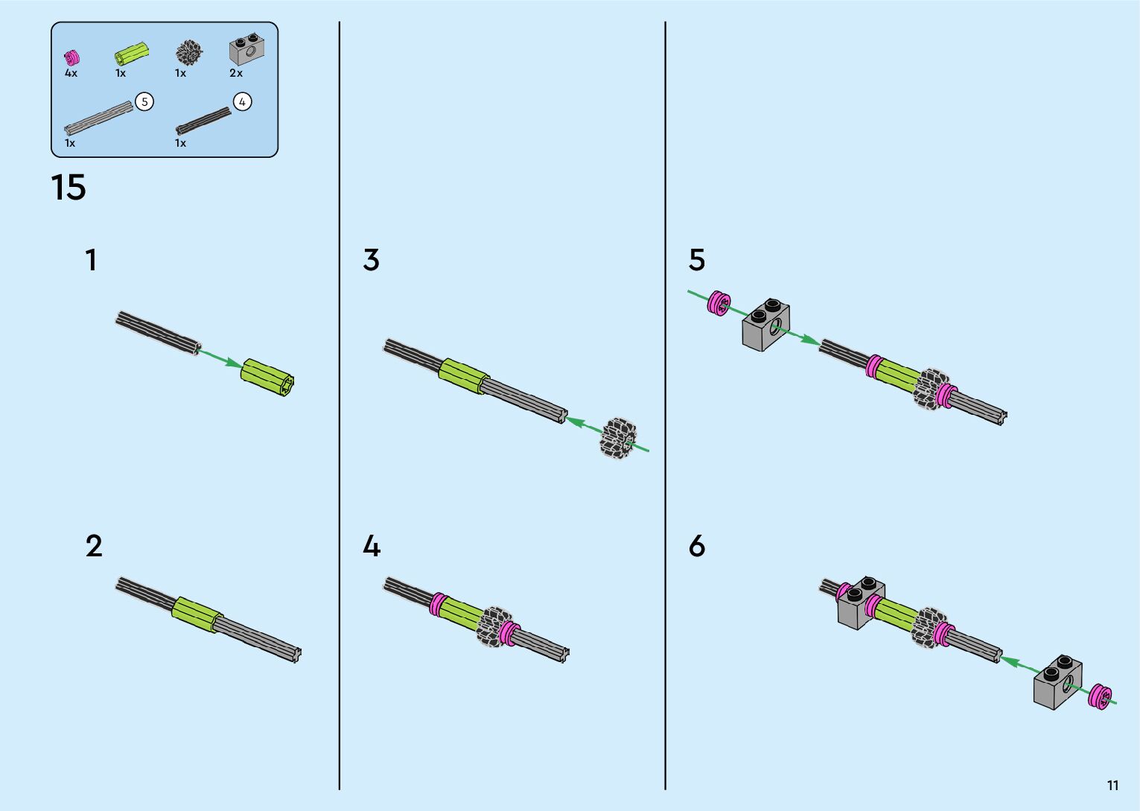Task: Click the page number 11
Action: coord(1112,785)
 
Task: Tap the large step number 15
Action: coord(69,188)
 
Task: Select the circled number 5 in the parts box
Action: coord(144,102)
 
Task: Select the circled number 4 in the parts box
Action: coord(242,102)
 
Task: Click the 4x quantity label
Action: coord(71,73)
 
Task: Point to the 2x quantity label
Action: coord(236,73)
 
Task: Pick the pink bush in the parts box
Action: coord(71,57)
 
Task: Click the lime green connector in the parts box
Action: coord(131,54)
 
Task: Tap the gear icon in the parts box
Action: coord(189,53)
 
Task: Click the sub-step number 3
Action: coord(371,260)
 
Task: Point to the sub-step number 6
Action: coord(696,547)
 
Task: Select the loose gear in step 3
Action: coord(619,439)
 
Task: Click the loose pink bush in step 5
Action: coord(719,303)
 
